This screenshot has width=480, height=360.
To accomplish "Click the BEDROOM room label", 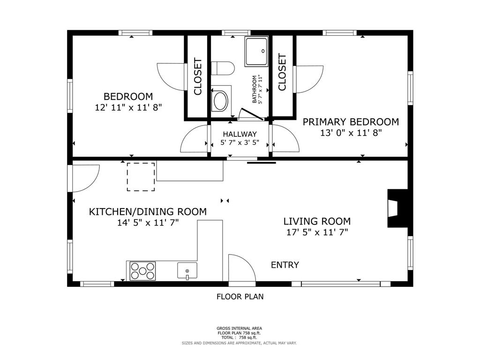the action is coord(128,97).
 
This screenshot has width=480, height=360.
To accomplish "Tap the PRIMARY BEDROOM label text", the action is coord(351,122).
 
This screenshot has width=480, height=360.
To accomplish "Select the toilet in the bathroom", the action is coord(223,68).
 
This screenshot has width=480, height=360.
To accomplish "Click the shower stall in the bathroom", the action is coord(256,52).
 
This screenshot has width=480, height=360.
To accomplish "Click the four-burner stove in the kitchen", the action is coord(142,271).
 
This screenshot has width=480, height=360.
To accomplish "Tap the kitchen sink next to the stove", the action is coord(187,270).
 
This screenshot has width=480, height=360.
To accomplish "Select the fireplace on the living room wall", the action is coord(397,209).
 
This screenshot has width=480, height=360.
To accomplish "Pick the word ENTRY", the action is coord(285,265).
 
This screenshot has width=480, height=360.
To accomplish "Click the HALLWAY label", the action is coord(240,134).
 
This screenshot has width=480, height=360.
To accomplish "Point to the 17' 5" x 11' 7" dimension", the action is coord(317,232).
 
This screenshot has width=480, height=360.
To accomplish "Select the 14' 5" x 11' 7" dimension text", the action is coord(148,223).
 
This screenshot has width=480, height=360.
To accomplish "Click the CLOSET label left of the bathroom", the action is coord(198,76).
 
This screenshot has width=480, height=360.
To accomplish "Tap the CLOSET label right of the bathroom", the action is coord(282,72).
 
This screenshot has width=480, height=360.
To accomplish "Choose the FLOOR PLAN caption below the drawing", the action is coord(240,297).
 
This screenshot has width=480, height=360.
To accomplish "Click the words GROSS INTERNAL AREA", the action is coord(240,329).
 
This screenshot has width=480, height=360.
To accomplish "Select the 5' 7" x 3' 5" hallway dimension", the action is coord(240,142).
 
